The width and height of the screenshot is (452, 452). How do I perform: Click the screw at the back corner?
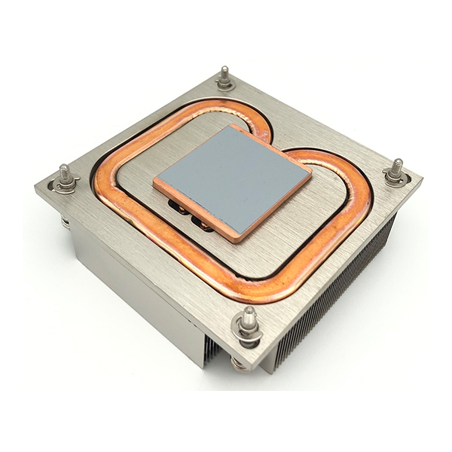224,77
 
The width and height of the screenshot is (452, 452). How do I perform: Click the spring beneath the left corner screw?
66,221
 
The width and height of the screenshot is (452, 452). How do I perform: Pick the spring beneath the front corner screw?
240,364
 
